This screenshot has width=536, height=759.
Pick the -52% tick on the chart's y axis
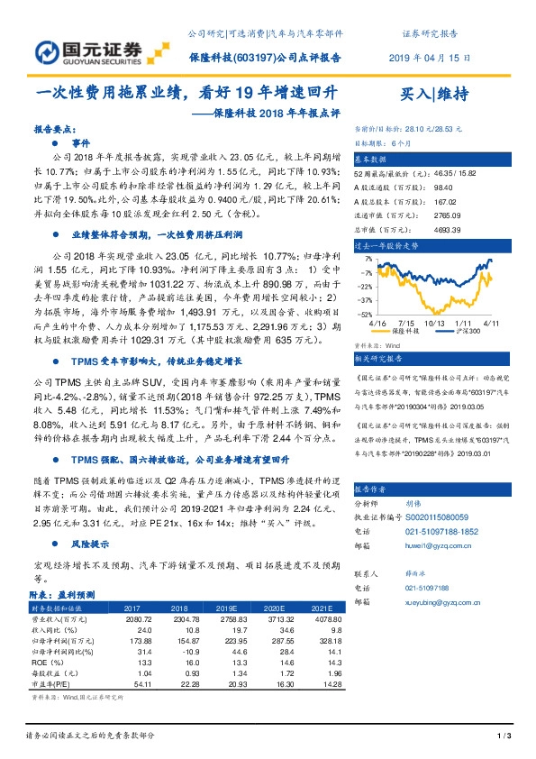(x=364, y=314)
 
